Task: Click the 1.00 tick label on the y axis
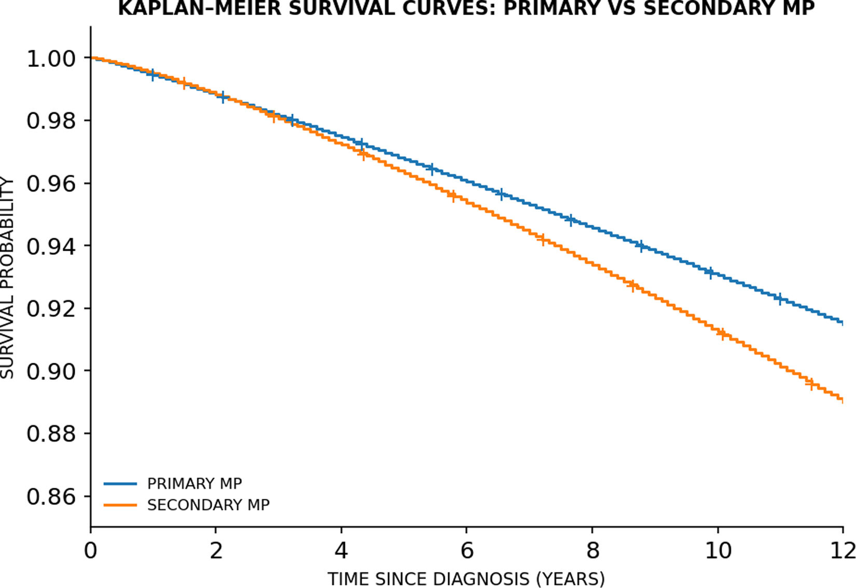pyautogui.click(x=51, y=59)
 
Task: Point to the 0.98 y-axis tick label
pyautogui.click(x=51, y=121)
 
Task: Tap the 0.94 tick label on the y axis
pyautogui.click(x=51, y=246)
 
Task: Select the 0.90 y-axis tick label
pyautogui.click(x=51, y=371)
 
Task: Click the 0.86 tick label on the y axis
pyautogui.click(x=51, y=497)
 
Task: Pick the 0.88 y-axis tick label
pyautogui.click(x=51, y=434)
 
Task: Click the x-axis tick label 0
pyautogui.click(x=91, y=551)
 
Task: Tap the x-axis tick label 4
pyautogui.click(x=341, y=551)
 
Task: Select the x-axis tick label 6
pyautogui.click(x=466, y=551)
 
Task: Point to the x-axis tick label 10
pyautogui.click(x=718, y=551)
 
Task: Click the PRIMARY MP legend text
pyautogui.click(x=195, y=484)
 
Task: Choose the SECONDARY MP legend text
pyautogui.click(x=209, y=505)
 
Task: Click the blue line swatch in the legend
pyautogui.click(x=120, y=484)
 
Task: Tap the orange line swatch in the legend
pyautogui.click(x=120, y=505)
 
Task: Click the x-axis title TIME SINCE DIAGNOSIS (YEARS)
pyautogui.click(x=466, y=579)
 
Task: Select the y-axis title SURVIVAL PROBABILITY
pyautogui.click(x=7, y=278)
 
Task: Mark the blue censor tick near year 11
pyautogui.click(x=780, y=298)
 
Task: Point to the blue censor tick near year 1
pyautogui.click(x=153, y=75)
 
